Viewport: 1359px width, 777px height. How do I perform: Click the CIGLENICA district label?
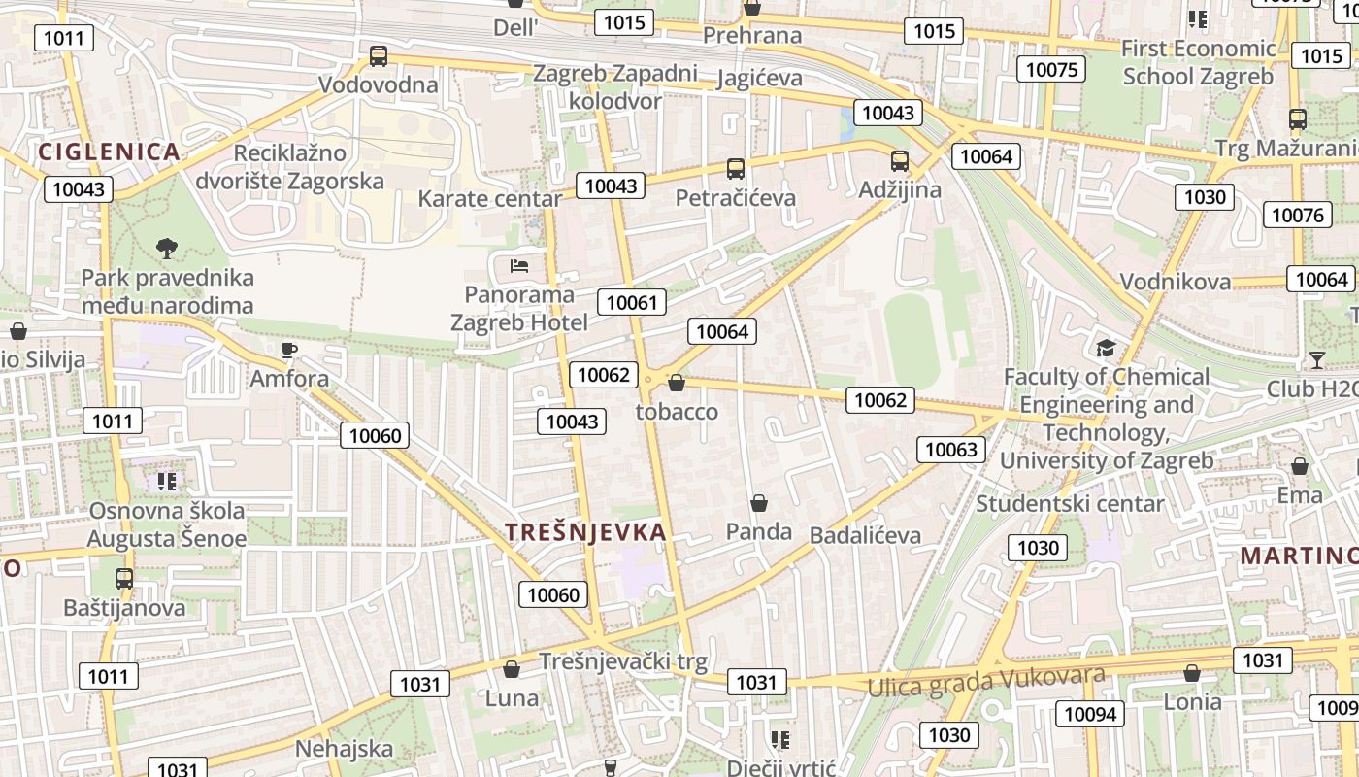(109, 152)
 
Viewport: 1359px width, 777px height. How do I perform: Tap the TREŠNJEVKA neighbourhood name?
(586, 531)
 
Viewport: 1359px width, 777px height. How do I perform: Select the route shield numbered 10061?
(632, 302)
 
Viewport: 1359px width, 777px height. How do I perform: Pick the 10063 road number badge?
(951, 449)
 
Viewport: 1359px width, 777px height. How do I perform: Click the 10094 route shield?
(1090, 715)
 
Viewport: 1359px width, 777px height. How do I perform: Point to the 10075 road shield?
(1051, 69)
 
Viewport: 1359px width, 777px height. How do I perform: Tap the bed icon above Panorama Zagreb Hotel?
(519, 265)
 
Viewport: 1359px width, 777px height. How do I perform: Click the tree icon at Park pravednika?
(167, 248)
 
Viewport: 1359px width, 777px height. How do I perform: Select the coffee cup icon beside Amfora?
(288, 350)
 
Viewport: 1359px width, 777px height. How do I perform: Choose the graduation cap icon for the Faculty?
(1105, 348)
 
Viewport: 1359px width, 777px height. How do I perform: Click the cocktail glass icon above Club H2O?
(1316, 360)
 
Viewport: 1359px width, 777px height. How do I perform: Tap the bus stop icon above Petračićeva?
(736, 169)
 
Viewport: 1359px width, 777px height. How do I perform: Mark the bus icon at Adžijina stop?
(900, 161)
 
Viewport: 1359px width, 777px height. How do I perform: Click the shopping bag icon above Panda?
(759, 503)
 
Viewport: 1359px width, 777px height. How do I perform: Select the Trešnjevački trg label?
(623, 661)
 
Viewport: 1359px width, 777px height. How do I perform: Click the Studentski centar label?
(1069, 503)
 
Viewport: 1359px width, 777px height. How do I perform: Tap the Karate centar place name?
(489, 199)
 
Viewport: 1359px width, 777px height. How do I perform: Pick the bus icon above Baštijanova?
(124, 579)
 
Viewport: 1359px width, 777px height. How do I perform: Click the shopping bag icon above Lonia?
(1192, 673)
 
